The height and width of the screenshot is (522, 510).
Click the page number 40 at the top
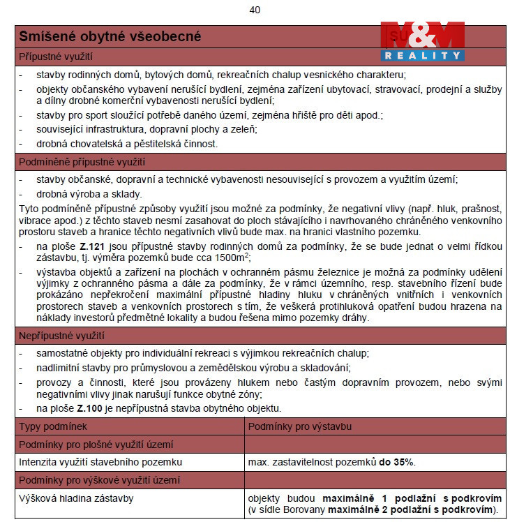[x=254, y=10]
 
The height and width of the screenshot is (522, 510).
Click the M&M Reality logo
[x=422, y=41]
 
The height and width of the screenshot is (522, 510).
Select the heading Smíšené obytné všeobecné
[x=110, y=36]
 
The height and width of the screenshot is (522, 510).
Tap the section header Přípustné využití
[x=55, y=56]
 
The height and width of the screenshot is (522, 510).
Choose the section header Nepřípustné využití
[x=61, y=336]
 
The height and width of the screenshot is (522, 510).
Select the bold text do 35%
[x=397, y=462]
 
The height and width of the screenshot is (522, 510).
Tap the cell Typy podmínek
[x=52, y=426]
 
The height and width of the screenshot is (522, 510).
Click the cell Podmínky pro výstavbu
[x=300, y=426]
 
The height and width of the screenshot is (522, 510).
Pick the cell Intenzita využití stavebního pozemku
[x=100, y=462]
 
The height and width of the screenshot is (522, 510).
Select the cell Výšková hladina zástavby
[x=76, y=498]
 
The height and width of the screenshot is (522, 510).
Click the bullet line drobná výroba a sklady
[x=89, y=194]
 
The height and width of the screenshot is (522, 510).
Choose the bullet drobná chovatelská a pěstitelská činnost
[x=128, y=144]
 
